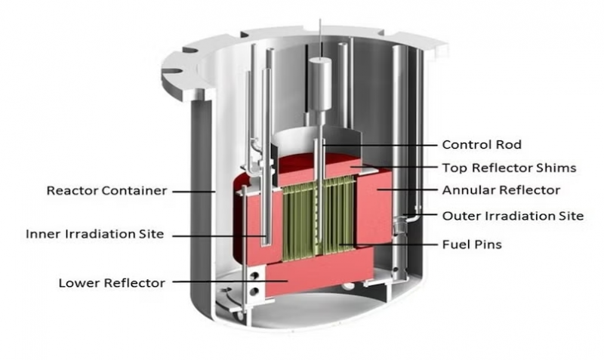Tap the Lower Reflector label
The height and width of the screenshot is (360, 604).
click(x=112, y=283)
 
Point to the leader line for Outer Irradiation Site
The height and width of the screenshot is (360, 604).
click(x=423, y=216)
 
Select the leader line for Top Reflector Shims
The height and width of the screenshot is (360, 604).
click(x=393, y=168)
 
